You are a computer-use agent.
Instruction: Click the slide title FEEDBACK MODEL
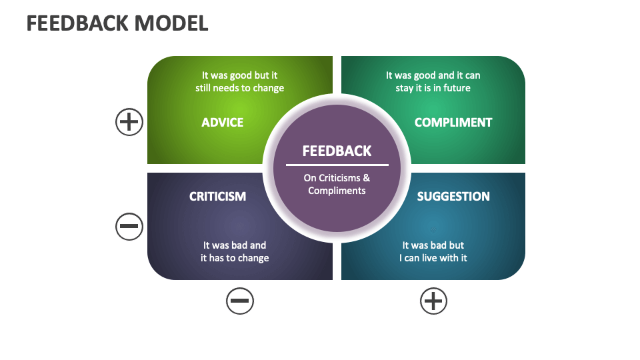[117, 23]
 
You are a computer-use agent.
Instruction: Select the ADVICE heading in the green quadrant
[223, 123]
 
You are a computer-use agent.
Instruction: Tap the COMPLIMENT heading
[453, 123]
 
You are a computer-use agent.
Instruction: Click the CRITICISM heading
[217, 197]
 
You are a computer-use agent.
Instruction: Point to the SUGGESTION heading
[453, 197]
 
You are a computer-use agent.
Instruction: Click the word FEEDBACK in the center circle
[337, 151]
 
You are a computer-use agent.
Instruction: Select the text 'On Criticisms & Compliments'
[337, 184]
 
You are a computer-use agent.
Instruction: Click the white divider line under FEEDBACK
[337, 165]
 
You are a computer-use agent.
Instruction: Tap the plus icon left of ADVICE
[129, 123]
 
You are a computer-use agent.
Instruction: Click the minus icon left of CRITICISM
[129, 227]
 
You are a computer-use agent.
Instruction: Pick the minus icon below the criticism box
[240, 301]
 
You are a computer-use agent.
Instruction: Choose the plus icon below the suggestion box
[433, 301]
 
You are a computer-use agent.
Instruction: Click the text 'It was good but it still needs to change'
[239, 82]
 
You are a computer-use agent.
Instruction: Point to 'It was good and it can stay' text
[433, 82]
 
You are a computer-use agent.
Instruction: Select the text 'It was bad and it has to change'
[235, 251]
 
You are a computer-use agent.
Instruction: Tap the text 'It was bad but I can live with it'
[433, 251]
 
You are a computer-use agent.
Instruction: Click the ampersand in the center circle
[366, 178]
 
